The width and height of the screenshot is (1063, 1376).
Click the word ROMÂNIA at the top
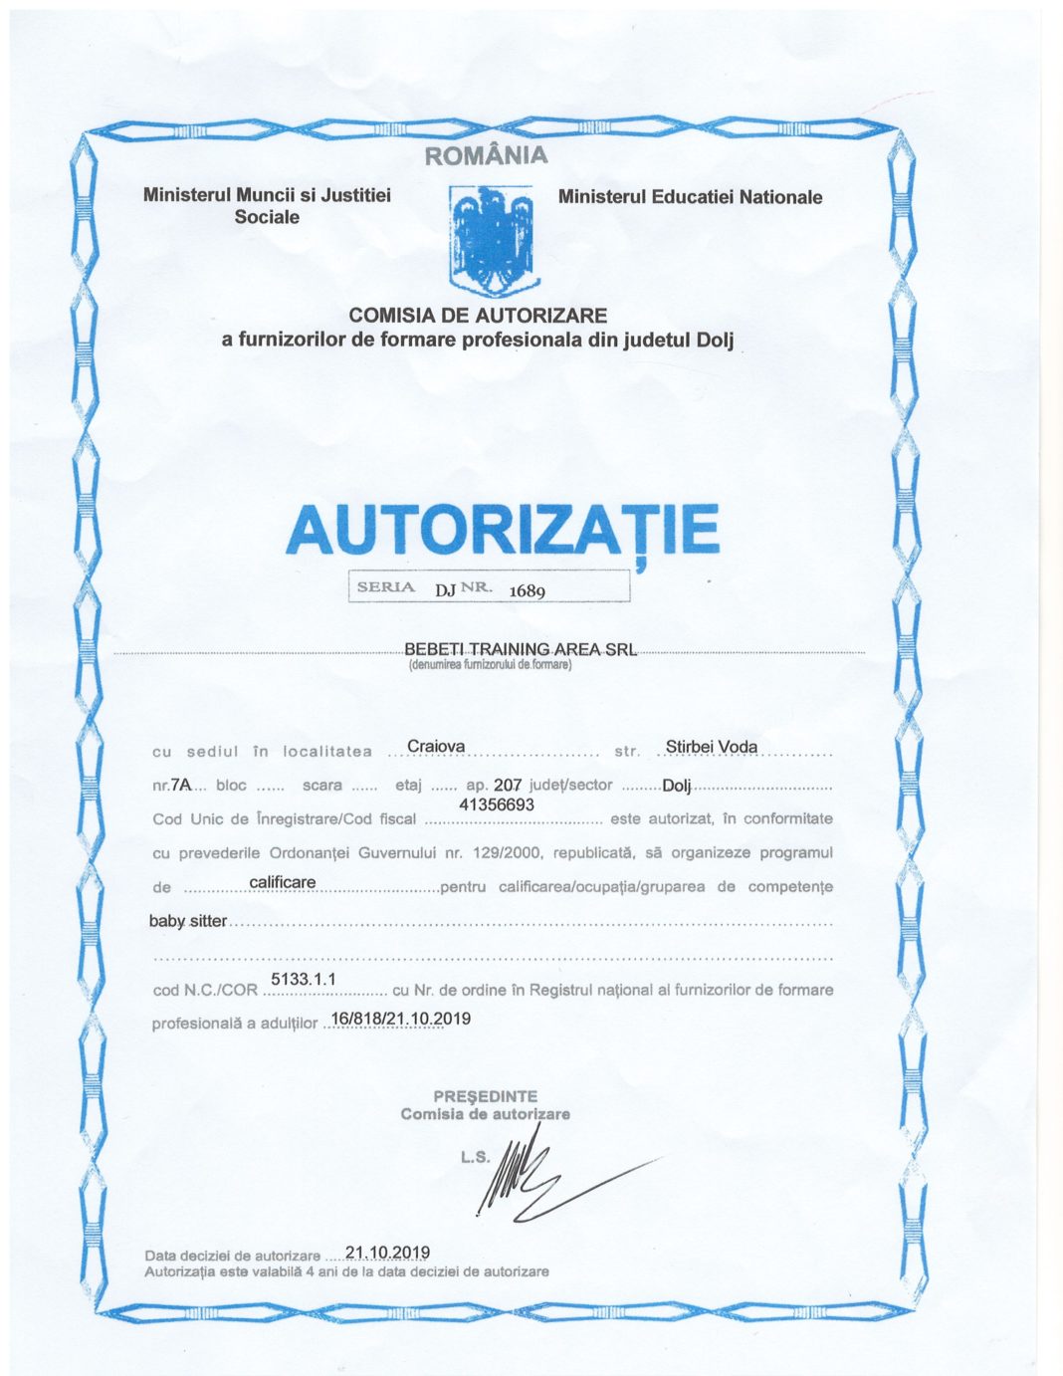pos(486,155)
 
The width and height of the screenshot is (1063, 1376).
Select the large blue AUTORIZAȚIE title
pos(502,530)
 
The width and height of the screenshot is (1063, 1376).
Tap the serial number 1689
pos(527,590)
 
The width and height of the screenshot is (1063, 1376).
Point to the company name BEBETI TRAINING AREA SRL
pos(520,649)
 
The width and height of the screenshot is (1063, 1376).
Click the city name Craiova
pos(436,747)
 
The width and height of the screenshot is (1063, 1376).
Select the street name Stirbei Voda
pos(711,747)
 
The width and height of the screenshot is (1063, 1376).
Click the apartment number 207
pos(508,785)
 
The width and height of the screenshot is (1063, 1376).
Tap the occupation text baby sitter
pos(188,921)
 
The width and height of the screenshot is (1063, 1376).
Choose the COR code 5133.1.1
pos(304,980)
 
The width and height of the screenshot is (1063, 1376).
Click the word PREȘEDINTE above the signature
pos(485,1095)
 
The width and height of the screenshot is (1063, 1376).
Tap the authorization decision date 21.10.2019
pos(387,1253)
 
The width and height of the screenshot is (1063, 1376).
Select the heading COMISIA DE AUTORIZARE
pos(478,316)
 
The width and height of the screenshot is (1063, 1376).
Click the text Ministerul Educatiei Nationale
pos(690,197)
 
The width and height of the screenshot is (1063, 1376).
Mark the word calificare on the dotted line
pos(283,882)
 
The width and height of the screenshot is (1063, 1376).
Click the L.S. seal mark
pos(475,1157)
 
